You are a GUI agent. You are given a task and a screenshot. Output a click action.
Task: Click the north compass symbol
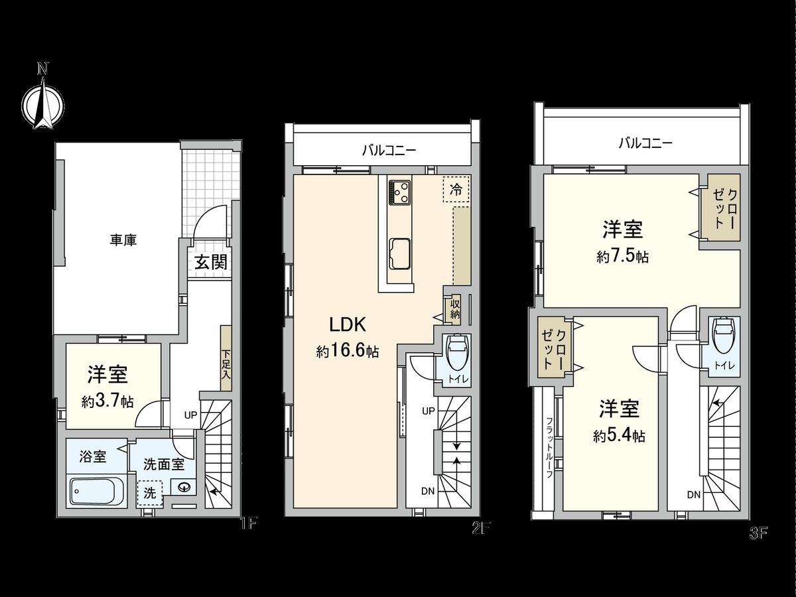pyautogui.click(x=43, y=102)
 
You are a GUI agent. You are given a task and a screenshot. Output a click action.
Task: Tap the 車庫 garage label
pyautogui.click(x=123, y=240)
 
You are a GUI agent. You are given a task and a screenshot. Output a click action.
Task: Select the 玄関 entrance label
pyautogui.click(x=210, y=262)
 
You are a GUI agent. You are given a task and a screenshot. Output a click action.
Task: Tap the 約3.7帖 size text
pyautogui.click(x=107, y=401)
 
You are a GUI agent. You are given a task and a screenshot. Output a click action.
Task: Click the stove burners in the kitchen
pyautogui.click(x=400, y=192)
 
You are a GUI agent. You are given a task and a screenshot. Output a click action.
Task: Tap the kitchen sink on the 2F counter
pyautogui.click(x=400, y=252)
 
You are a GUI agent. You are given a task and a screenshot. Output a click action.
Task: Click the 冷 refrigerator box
pyautogui.click(x=456, y=190)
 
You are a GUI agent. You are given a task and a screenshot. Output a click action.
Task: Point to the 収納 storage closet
pyautogui.click(x=454, y=308)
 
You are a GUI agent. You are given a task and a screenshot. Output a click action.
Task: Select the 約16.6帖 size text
pyautogui.click(x=347, y=352)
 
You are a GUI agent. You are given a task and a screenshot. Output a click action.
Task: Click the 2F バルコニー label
pyautogui.click(x=389, y=151)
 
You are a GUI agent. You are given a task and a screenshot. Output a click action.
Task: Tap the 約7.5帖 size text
pyautogui.click(x=622, y=257)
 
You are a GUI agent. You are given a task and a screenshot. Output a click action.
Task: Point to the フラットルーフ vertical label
pyautogui.click(x=549, y=446)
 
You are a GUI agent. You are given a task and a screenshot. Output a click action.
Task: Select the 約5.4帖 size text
pyautogui.click(x=619, y=436)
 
